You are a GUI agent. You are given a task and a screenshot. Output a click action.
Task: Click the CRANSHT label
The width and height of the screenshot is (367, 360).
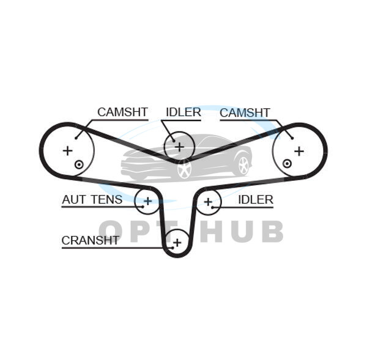tap(90, 240)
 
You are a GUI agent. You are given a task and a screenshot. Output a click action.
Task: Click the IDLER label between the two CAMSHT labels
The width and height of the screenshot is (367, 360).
tap(183, 112)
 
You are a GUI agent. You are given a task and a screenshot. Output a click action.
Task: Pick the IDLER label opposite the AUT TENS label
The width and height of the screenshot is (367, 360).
tap(255, 200)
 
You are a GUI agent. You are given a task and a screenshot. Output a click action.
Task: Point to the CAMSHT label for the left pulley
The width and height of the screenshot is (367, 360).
tap(122, 112)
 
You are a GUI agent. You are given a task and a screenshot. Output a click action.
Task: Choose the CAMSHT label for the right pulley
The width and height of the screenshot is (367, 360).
tap(245, 112)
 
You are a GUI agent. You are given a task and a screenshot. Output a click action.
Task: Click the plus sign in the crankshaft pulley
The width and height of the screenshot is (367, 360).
tap(177, 243)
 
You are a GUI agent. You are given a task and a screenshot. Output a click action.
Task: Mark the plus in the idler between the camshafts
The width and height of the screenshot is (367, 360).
tap(179, 146)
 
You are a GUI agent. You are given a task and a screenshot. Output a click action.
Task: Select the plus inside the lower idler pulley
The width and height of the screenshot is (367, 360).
tap(208, 201)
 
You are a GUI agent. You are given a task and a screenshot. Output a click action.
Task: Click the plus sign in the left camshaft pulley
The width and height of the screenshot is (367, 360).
tap(67, 150)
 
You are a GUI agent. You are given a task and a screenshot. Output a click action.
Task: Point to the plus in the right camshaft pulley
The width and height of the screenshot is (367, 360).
tap(298, 150)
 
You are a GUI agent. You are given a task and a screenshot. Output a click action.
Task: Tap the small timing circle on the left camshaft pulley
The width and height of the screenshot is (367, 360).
tap(78, 164)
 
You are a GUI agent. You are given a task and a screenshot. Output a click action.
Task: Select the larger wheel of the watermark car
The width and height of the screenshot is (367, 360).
tap(184, 169)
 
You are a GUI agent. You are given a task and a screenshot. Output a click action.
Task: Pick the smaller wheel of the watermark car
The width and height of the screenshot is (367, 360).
tap(243, 165)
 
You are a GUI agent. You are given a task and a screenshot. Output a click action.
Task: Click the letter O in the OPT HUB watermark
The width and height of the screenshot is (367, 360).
tap(114, 232)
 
